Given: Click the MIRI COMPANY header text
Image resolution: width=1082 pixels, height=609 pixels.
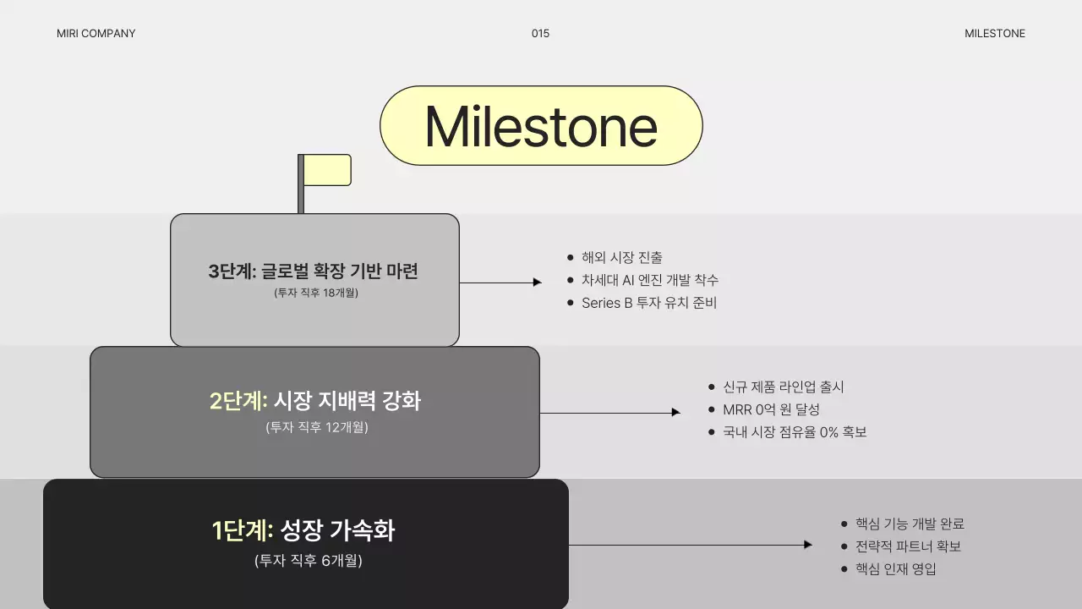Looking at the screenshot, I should pyautogui.click(x=96, y=34).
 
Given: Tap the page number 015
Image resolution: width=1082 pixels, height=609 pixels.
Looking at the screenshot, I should pyautogui.click(x=540, y=34).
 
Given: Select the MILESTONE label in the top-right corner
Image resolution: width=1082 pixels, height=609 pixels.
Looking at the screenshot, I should pyautogui.click(x=994, y=34).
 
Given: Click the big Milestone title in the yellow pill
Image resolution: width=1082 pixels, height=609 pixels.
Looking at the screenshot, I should pyautogui.click(x=541, y=126).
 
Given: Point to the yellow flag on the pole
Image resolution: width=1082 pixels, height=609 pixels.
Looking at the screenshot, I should pyautogui.click(x=327, y=170).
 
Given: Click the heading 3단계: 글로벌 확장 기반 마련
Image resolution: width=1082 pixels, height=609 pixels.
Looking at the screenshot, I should pyautogui.click(x=314, y=272).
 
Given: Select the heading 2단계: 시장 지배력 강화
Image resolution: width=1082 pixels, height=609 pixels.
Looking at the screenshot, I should pyautogui.click(x=314, y=400).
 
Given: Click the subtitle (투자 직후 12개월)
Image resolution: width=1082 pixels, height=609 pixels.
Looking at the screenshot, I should pyautogui.click(x=316, y=427).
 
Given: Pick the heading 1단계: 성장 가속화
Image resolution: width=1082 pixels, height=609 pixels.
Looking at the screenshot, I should pyautogui.click(x=303, y=530).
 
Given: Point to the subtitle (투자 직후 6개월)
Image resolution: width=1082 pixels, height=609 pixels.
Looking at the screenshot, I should pyautogui.click(x=308, y=560).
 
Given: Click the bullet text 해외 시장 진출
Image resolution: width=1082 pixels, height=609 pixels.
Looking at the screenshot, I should pyautogui.click(x=622, y=258).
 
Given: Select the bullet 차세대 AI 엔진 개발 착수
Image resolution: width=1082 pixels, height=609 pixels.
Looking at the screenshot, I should pyautogui.click(x=649, y=280).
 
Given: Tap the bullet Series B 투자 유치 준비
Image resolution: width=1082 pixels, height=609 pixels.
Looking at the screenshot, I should pyautogui.click(x=648, y=303).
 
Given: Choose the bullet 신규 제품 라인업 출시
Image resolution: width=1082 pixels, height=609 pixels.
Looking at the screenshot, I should pyautogui.click(x=783, y=387).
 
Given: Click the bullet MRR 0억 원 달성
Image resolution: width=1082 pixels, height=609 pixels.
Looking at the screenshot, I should pyautogui.click(x=771, y=409).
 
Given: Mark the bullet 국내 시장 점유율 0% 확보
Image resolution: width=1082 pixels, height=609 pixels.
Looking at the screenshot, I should pyautogui.click(x=795, y=432).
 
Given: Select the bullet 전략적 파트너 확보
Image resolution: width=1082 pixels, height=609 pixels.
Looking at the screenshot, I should pyautogui.click(x=908, y=546).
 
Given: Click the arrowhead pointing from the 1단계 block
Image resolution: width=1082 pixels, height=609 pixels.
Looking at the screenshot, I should pyautogui.click(x=808, y=545).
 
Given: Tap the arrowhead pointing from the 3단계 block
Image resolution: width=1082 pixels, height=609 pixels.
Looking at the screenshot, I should pyautogui.click(x=538, y=283).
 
